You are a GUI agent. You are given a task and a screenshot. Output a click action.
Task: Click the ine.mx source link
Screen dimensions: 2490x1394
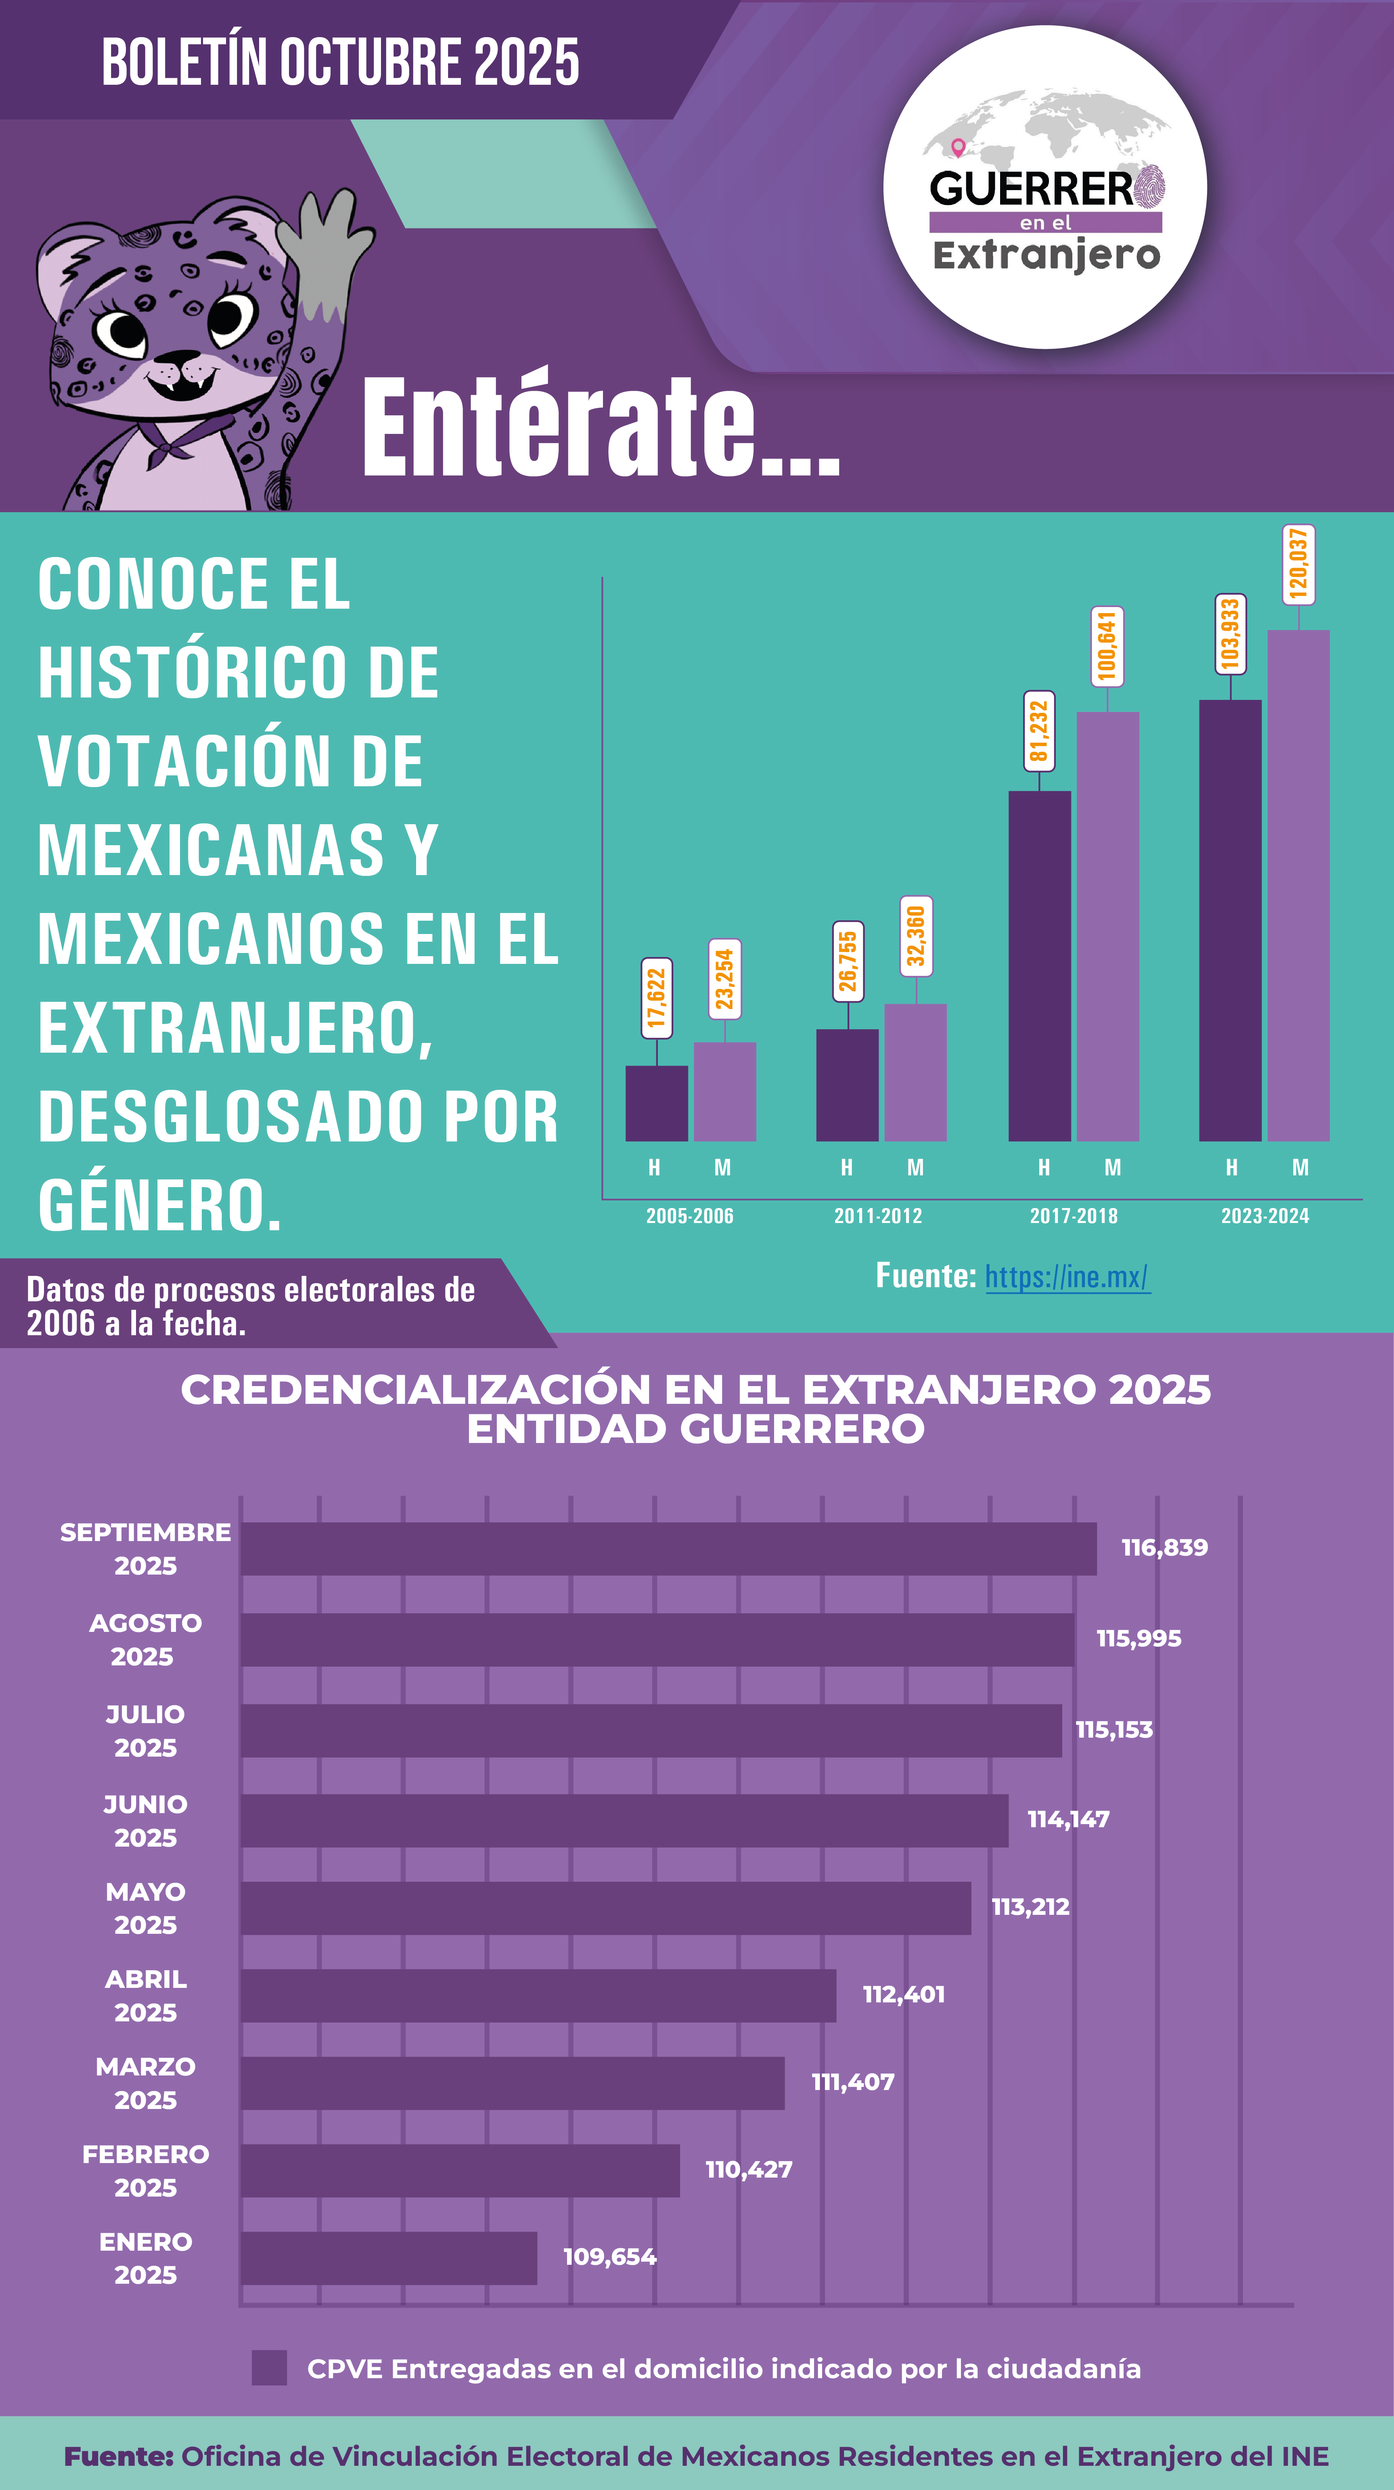[x=1067, y=1277]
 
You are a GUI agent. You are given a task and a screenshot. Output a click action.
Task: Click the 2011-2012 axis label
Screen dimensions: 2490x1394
[x=878, y=1216]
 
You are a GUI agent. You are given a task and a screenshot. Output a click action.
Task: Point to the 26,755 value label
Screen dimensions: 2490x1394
[x=848, y=962]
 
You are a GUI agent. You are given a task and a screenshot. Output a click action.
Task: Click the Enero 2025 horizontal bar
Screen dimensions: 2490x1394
[x=389, y=2258]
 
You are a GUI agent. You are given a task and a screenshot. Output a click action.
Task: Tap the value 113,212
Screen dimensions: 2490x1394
[x=1030, y=1907]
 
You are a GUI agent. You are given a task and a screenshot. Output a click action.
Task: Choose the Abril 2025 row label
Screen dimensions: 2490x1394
[x=146, y=1996]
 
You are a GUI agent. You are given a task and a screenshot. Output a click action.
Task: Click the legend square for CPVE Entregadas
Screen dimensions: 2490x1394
[x=269, y=2368]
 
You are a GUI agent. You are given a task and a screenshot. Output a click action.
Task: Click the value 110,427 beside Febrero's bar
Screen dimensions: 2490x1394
[x=748, y=2169]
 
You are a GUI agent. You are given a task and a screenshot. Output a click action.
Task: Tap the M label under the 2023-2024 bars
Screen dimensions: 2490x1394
[x=1300, y=1168]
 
